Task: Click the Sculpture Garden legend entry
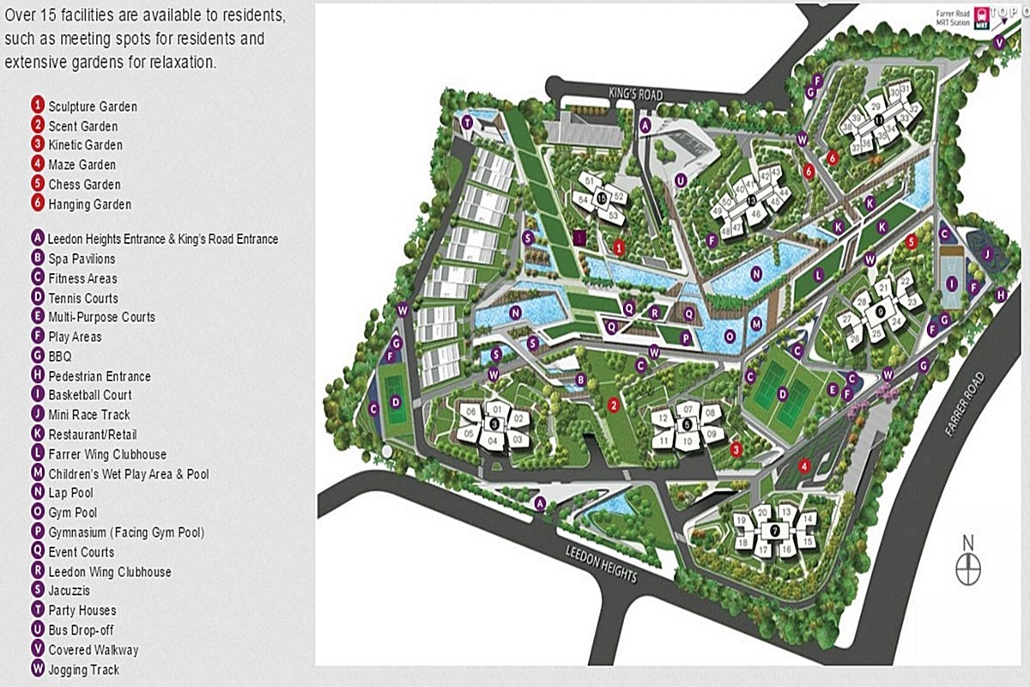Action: coord(93,106)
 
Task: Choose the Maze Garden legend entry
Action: coord(82,165)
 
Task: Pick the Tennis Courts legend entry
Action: coord(83,298)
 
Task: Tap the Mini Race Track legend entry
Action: coord(89,415)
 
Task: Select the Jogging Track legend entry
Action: coord(84,670)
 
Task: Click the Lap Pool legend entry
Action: coord(71,493)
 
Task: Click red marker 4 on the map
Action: coord(804,466)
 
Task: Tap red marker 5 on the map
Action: coord(912,242)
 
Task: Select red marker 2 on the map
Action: coord(613,404)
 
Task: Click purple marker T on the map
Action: coord(467,123)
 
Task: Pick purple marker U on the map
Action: coord(681,180)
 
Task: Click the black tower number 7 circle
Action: coord(774,531)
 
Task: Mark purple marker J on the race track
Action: coord(988,252)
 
